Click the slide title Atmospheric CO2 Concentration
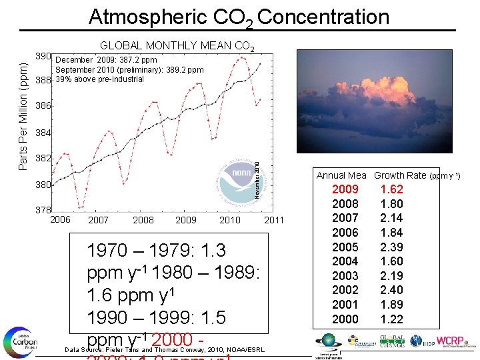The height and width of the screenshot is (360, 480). (239, 16)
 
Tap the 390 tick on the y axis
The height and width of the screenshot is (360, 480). (43, 55)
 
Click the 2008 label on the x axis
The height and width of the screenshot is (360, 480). (143, 220)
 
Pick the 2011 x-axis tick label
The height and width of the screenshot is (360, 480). (274, 220)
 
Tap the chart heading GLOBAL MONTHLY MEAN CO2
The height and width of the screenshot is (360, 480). (176, 46)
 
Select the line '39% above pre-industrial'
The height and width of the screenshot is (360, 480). (99, 79)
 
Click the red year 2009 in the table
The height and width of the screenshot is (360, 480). (345, 189)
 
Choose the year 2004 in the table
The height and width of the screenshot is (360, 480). (345, 261)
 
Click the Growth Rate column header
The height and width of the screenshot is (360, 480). (400, 175)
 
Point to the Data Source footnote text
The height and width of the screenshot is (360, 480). (163, 350)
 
